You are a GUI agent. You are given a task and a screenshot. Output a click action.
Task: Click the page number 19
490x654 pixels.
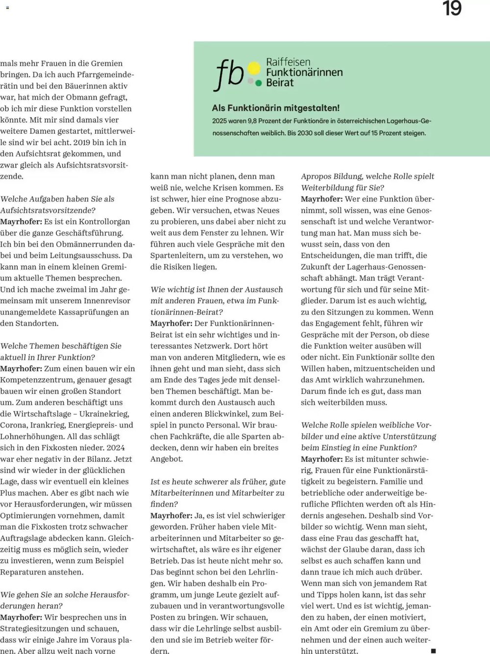click(452, 9)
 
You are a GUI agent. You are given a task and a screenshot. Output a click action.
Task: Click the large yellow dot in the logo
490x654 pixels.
click(254, 69)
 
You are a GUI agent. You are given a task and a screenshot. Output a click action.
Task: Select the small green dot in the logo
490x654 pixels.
click(258, 83)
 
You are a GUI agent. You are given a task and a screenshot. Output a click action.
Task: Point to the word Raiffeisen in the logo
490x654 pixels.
click(288, 62)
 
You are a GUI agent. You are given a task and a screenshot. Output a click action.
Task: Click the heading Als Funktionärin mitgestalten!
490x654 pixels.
click(275, 108)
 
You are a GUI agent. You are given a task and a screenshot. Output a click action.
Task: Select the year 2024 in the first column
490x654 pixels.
click(116, 448)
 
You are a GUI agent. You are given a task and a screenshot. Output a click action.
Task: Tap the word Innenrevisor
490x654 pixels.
click(107, 301)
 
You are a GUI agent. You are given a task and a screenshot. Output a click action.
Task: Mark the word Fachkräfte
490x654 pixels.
click(186, 436)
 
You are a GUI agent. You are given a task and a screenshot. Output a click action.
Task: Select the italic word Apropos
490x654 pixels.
click(317, 176)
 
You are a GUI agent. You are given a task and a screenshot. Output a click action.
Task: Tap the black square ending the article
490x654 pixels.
click(433, 651)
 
